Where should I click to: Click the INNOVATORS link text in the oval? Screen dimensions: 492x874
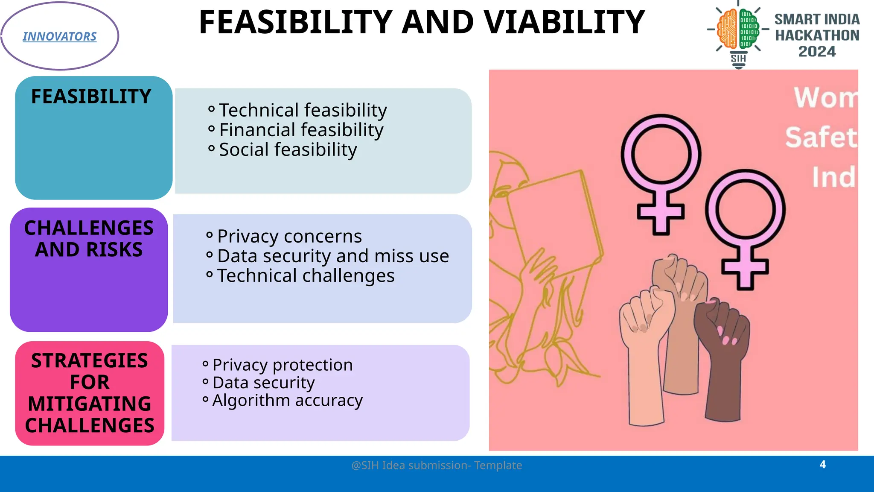tap(59, 37)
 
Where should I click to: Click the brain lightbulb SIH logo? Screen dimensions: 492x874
tap(738, 34)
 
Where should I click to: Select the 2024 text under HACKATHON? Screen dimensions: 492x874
tap(817, 52)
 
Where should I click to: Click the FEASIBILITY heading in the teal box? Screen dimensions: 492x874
tap(91, 97)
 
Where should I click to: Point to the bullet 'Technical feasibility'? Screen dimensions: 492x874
tap(303, 110)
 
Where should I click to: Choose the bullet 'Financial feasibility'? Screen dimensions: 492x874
tap(301, 130)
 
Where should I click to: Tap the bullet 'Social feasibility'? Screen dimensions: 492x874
tap(288, 149)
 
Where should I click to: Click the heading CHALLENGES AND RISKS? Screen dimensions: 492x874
tap(89, 239)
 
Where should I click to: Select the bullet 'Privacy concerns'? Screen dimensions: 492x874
tap(289, 236)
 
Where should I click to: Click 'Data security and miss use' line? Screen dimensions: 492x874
tap(333, 256)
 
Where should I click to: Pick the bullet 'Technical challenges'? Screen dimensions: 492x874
tap(306, 275)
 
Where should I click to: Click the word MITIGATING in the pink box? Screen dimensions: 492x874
tap(90, 404)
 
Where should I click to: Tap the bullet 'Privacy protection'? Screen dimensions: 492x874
tap(282, 365)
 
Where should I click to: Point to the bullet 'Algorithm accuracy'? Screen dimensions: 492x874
tap(287, 400)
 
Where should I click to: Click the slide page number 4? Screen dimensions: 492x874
tap(822, 464)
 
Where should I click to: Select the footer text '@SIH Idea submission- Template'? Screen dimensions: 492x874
tap(437, 465)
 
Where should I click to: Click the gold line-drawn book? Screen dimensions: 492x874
tap(555, 222)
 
